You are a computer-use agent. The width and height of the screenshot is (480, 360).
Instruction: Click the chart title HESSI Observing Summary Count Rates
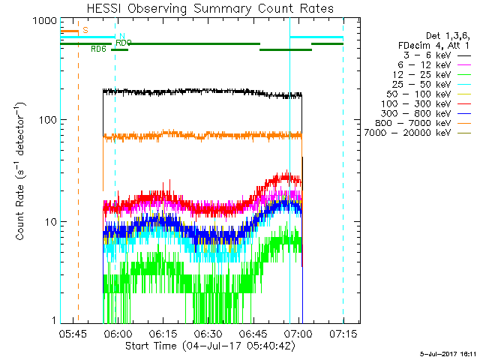(201, 8)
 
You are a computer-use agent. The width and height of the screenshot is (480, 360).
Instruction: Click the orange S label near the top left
(85, 30)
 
